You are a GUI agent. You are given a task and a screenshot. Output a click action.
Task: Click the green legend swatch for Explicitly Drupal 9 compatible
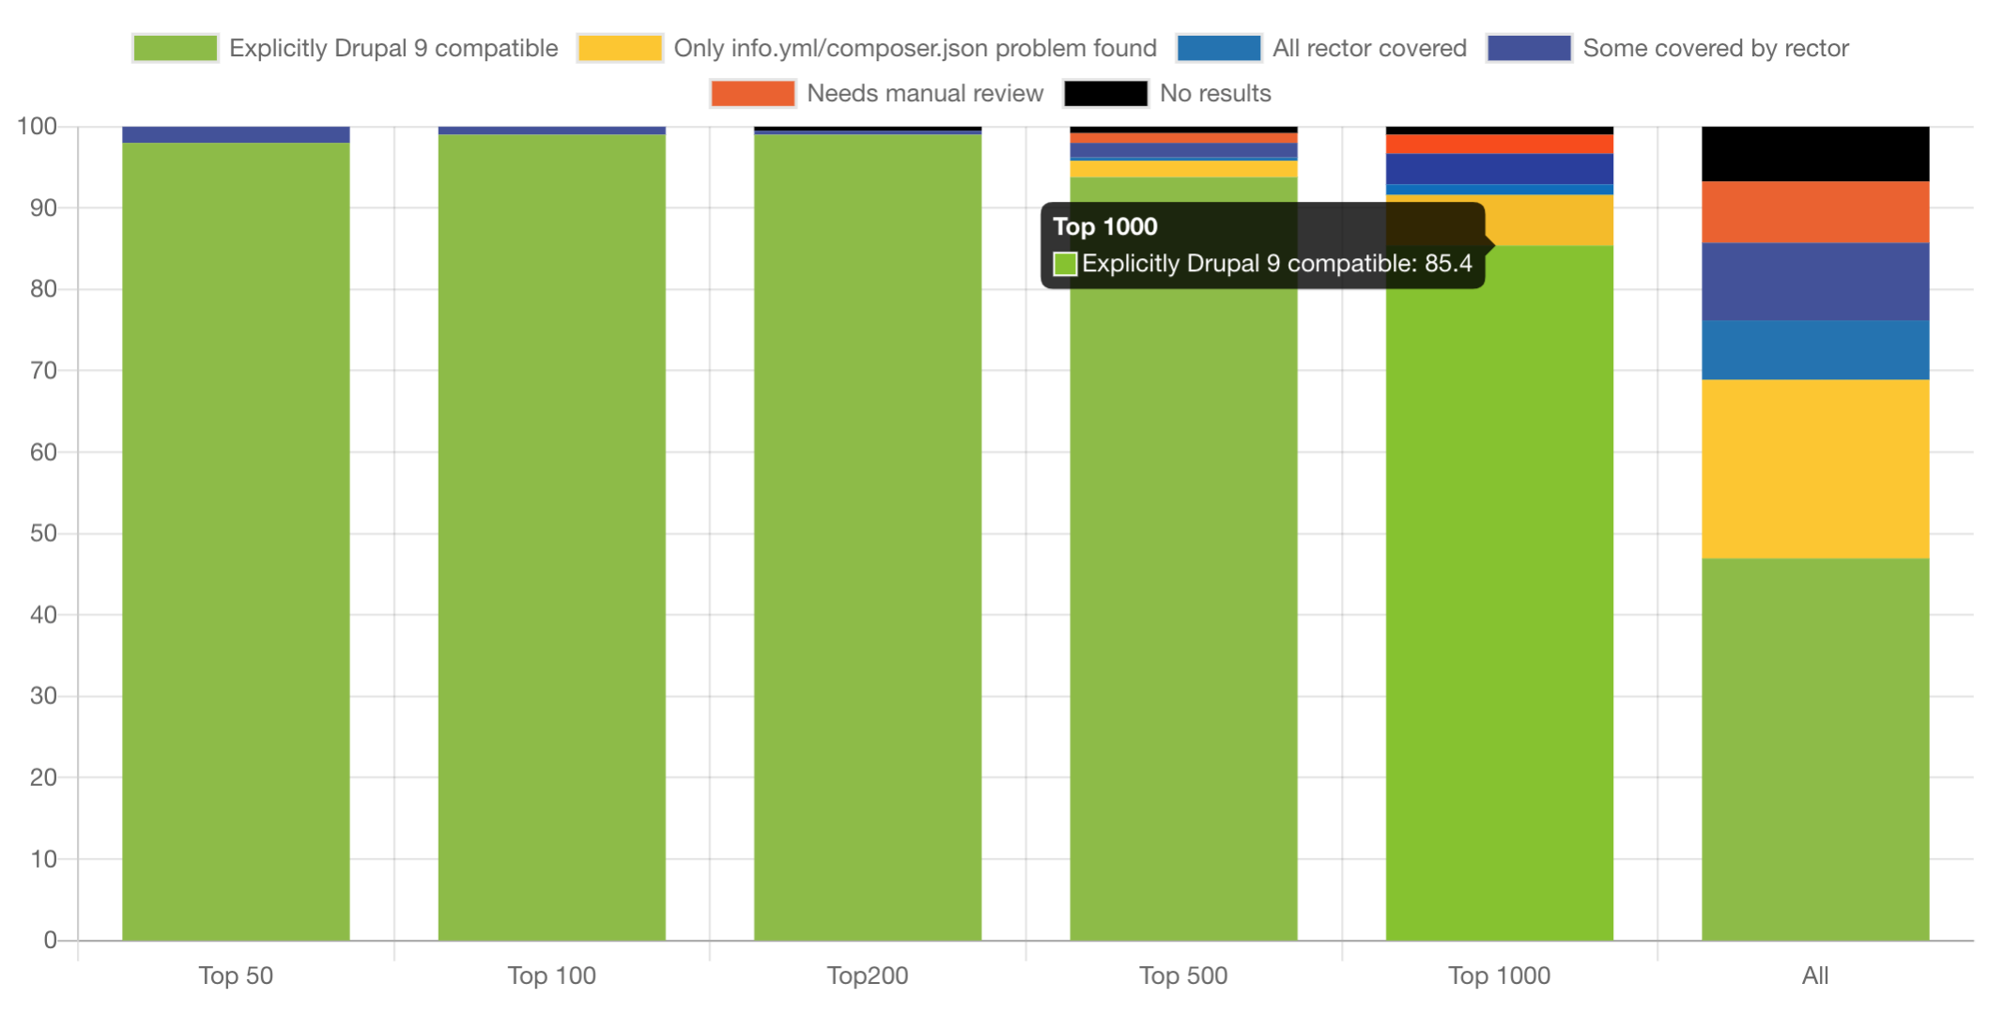point(176,48)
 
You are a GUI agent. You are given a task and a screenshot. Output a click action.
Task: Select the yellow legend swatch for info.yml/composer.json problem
point(620,48)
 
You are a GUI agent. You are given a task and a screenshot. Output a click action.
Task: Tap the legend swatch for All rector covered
point(1218,48)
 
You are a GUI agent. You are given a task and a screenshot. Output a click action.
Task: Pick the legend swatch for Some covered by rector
point(1529,48)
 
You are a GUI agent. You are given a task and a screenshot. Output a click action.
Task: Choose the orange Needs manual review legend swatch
point(752,93)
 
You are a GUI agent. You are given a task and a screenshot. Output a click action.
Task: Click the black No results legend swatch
point(1105,93)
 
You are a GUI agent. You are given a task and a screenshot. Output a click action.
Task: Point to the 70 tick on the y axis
point(43,371)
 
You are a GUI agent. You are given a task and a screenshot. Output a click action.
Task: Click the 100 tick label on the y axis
point(38,126)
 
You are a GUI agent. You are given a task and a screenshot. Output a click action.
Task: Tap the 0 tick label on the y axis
point(50,940)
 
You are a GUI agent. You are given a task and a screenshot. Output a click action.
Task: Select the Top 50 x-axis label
point(236,976)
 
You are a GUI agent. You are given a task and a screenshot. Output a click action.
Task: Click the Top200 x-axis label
point(867,976)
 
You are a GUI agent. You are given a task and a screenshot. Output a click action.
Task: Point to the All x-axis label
point(1814,976)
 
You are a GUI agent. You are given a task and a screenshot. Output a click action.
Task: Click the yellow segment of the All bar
point(1814,469)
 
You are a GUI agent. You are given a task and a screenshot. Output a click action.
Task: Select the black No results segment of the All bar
point(1814,153)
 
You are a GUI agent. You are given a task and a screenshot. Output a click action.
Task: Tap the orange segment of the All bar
point(1814,211)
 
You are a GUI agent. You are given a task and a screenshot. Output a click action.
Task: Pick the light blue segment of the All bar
point(1814,349)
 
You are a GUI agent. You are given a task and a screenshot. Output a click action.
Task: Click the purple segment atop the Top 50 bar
point(236,134)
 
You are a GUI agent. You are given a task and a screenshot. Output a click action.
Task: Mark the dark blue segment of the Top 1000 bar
point(1499,169)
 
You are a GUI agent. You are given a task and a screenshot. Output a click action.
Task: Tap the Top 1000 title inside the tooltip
point(1105,226)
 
